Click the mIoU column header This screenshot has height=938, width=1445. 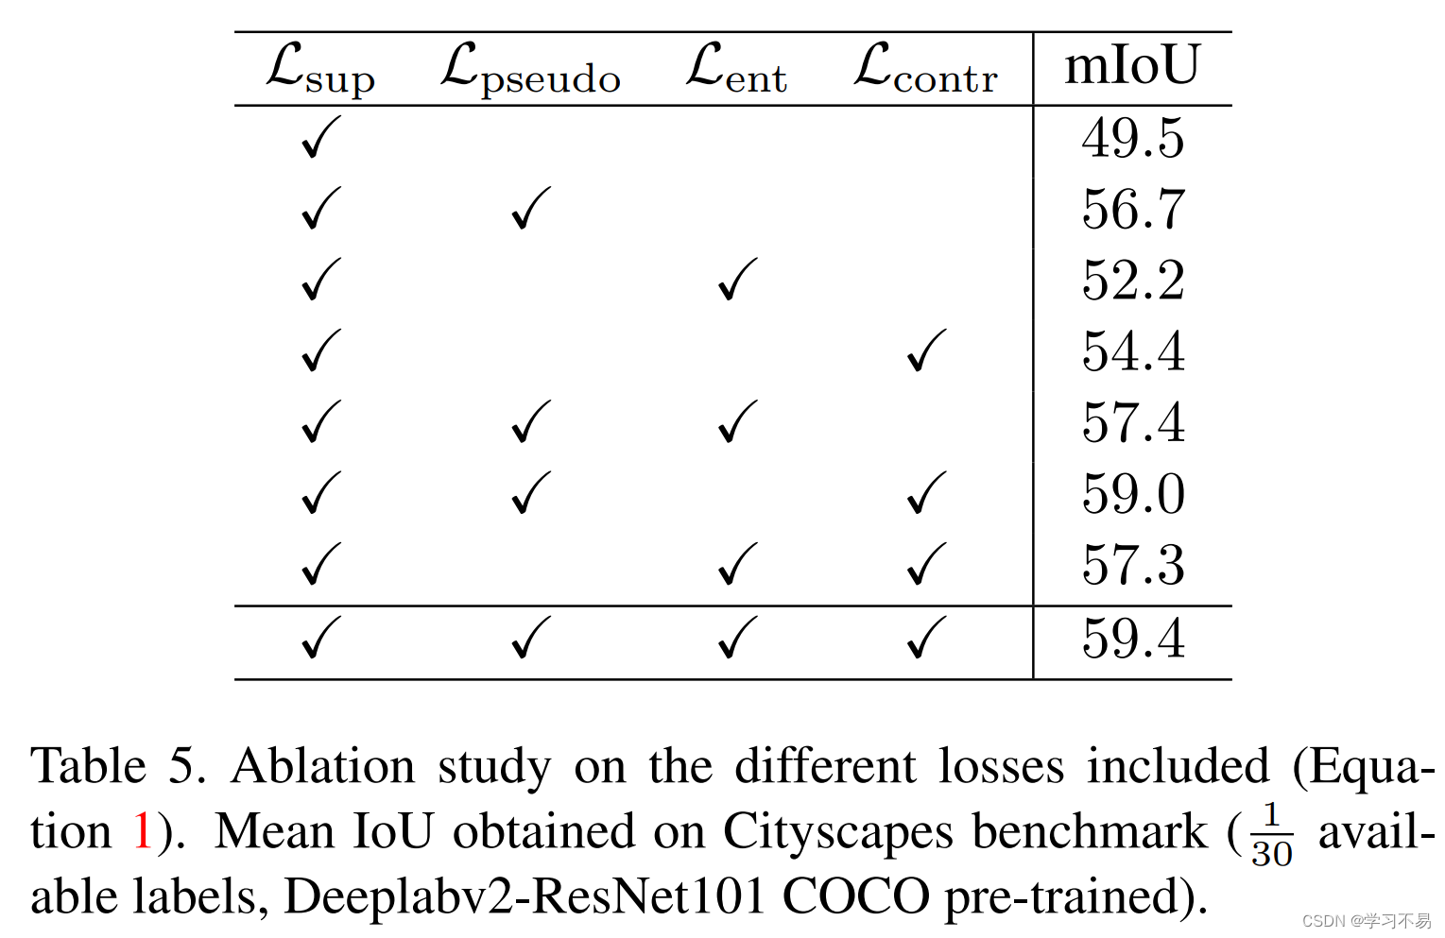point(1132,66)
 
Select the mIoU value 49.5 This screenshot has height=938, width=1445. point(1132,139)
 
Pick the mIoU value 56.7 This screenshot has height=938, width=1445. point(1132,210)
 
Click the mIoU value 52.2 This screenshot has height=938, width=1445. point(1132,281)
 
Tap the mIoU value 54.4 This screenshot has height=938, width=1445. point(1132,352)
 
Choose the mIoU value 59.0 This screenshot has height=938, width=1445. point(1132,495)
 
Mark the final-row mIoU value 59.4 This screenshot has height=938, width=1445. point(1132,640)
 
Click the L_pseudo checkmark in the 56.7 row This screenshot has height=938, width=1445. point(530,209)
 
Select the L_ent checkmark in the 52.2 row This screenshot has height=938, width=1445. point(737,280)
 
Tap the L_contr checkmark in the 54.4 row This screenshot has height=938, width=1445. point(926,350)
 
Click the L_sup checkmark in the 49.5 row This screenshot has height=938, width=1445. point(320,138)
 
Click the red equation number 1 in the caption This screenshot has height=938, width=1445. point(143,832)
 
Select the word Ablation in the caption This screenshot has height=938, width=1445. point(322,766)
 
